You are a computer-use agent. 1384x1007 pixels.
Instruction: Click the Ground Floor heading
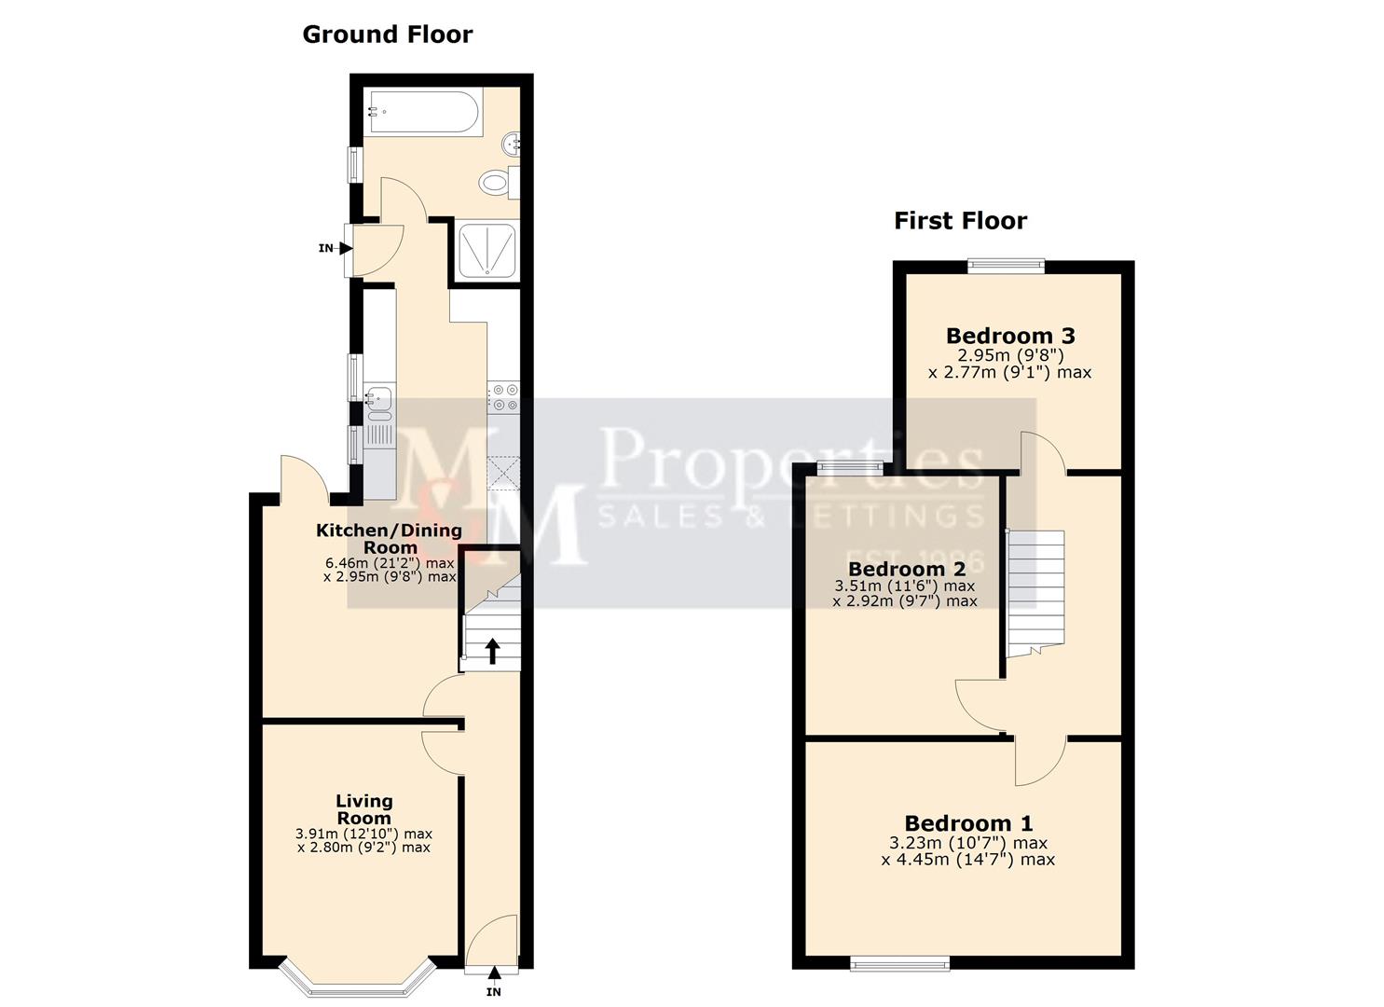(x=387, y=34)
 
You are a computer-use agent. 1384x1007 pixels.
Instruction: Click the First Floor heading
(x=960, y=221)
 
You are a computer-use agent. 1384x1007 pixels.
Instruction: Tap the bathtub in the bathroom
(x=422, y=113)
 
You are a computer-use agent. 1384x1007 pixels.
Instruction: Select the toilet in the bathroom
(x=495, y=182)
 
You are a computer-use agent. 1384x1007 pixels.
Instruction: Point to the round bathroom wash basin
(x=511, y=144)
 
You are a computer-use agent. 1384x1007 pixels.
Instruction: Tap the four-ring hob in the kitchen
(x=505, y=397)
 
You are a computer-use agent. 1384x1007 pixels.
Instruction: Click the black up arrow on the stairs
(x=491, y=652)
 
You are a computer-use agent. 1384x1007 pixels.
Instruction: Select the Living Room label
(x=363, y=808)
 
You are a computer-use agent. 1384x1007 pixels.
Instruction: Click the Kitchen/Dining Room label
(x=389, y=538)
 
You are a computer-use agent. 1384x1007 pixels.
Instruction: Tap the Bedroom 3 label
(x=1010, y=336)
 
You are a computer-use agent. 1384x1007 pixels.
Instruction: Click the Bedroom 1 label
(x=968, y=823)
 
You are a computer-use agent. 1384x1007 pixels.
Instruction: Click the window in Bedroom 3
(x=1006, y=266)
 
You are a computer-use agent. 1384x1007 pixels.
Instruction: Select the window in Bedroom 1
(x=899, y=963)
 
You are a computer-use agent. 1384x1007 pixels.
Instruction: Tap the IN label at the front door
(x=494, y=991)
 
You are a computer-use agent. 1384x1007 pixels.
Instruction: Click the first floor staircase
(x=1036, y=587)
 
